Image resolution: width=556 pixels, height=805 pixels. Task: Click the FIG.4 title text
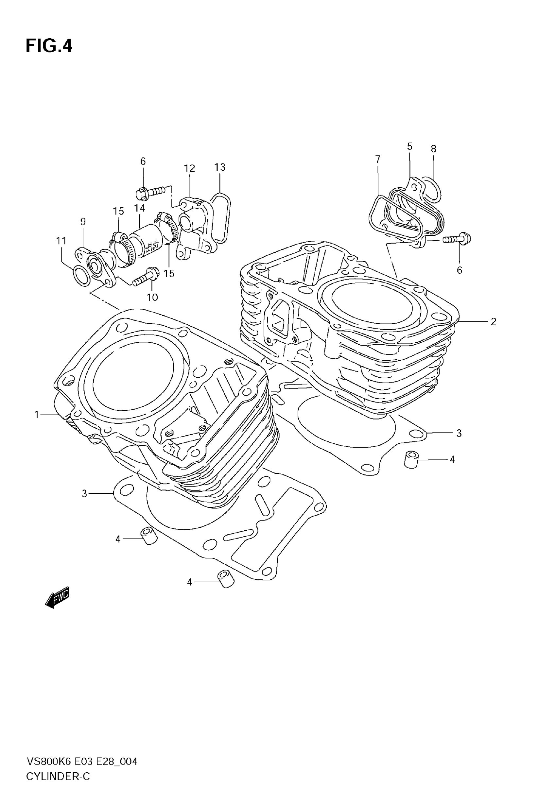tap(49, 46)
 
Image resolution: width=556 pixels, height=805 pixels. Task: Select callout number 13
tap(220, 167)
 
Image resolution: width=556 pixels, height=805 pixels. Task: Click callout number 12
tap(189, 168)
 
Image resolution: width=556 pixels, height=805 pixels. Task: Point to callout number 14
tap(139, 208)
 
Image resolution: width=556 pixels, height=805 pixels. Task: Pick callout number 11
tap(61, 241)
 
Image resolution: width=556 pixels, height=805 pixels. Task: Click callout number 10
tap(152, 297)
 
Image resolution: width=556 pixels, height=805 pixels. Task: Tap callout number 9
tap(83, 221)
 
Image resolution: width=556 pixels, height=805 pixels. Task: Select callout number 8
tap(433, 149)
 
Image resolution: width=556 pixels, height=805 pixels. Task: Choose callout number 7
tap(378, 160)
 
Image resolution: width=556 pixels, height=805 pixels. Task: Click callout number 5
tap(410, 146)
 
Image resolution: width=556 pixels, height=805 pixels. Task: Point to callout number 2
tap(493, 322)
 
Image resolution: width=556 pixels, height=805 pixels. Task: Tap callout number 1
tap(37, 415)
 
